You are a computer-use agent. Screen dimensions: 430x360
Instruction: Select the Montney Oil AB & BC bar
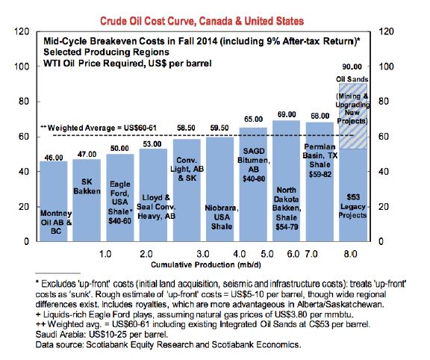54,201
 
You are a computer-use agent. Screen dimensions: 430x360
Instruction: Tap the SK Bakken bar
87,200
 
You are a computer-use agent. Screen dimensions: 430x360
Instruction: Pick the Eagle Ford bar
120,198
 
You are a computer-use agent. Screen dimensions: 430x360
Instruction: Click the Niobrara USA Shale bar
220,189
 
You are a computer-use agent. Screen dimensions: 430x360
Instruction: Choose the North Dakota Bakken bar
287,181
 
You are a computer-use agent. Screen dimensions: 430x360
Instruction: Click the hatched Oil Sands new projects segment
353,117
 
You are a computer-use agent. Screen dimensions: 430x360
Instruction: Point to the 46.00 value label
54,158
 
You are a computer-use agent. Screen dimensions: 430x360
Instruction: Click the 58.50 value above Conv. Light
186,128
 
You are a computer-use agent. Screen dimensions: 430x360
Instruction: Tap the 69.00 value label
287,114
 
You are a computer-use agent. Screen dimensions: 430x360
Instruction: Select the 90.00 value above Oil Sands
352,66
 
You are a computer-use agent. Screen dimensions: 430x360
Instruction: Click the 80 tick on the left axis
24,102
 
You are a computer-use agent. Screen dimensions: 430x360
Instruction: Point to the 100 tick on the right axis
386,66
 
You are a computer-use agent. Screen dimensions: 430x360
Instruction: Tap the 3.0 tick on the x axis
203,254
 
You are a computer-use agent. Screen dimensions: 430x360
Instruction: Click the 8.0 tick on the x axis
350,254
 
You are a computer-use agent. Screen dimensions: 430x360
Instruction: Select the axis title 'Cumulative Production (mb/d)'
206,265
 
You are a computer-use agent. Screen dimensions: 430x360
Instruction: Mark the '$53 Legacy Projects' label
352,206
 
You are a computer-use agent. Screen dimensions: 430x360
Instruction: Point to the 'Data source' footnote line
169,344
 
